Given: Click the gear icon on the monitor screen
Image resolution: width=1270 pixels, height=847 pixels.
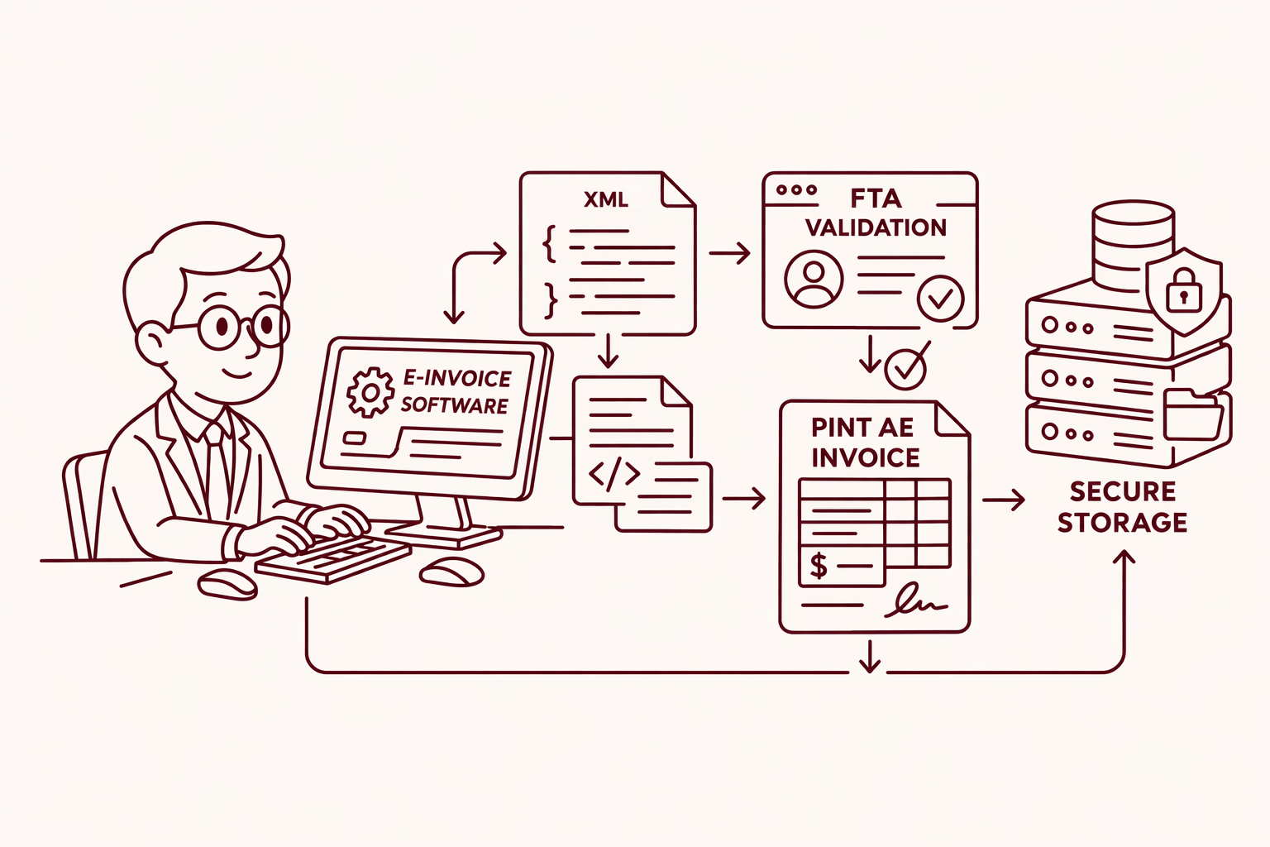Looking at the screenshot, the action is (370, 392).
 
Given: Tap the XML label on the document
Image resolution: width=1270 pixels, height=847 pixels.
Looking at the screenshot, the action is (605, 199).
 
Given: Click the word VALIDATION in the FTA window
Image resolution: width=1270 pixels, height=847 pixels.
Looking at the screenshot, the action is (876, 227).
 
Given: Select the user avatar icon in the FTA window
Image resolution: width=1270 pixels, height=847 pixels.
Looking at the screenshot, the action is (814, 279).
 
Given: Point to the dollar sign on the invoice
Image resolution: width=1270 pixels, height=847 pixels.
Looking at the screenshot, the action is (818, 566).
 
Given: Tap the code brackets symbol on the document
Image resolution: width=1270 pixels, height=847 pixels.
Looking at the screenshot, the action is (614, 474).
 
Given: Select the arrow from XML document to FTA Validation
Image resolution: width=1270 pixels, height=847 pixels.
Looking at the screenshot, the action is (729, 252).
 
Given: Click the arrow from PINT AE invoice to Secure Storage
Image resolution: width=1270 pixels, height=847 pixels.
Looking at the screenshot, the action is (1004, 500).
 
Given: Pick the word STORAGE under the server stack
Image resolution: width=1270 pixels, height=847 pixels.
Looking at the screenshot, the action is (1122, 523).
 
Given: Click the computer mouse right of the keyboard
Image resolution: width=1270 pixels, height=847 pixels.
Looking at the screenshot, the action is (452, 571).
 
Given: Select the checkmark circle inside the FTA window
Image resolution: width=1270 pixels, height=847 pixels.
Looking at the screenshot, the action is (941, 299).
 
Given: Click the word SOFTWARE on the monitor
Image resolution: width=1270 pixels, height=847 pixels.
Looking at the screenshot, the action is (454, 405).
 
